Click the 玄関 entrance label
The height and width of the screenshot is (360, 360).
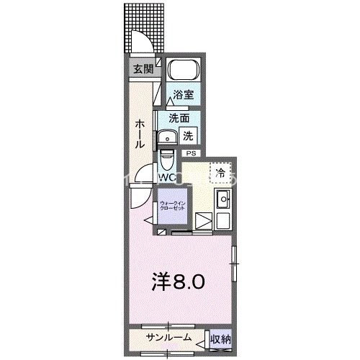click(x=143, y=69)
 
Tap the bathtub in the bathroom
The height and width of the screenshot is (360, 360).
click(x=183, y=72)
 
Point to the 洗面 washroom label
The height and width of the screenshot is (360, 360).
click(x=179, y=117)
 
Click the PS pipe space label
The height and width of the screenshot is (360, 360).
click(x=191, y=153)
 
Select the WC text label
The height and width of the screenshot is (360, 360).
click(x=166, y=176)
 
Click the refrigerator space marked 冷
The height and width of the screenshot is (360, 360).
click(x=221, y=172)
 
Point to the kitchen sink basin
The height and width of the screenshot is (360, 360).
click(x=222, y=200)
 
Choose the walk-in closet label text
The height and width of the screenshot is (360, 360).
click(x=173, y=206)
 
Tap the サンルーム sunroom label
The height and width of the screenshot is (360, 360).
click(x=169, y=338)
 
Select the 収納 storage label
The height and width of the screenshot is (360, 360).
click(x=220, y=338)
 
